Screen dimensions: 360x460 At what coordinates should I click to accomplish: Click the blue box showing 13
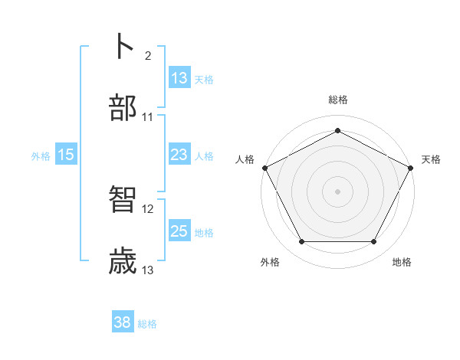[179, 78]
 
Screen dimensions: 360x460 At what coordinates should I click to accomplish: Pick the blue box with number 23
[179, 155]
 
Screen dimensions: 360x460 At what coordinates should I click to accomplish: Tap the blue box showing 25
[179, 231]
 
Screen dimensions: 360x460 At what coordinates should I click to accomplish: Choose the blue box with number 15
[66, 155]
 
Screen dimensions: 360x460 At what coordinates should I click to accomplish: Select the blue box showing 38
[123, 322]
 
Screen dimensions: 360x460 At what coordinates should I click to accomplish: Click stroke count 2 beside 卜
[147, 55]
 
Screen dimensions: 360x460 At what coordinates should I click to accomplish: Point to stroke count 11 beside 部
[148, 116]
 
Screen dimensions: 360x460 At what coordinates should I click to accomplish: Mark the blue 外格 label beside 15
[41, 155]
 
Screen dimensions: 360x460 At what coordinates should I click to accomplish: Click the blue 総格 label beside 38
[147, 323]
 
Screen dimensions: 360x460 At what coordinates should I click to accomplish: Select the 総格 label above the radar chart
[337, 100]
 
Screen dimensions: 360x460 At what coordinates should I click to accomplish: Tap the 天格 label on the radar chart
[431, 159]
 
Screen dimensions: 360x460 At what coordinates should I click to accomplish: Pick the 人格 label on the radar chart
[245, 159]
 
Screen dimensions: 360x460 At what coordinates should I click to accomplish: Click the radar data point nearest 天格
[412, 167]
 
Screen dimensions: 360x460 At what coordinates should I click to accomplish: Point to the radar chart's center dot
[337, 191]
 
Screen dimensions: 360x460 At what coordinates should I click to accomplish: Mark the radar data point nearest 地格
[374, 241]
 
